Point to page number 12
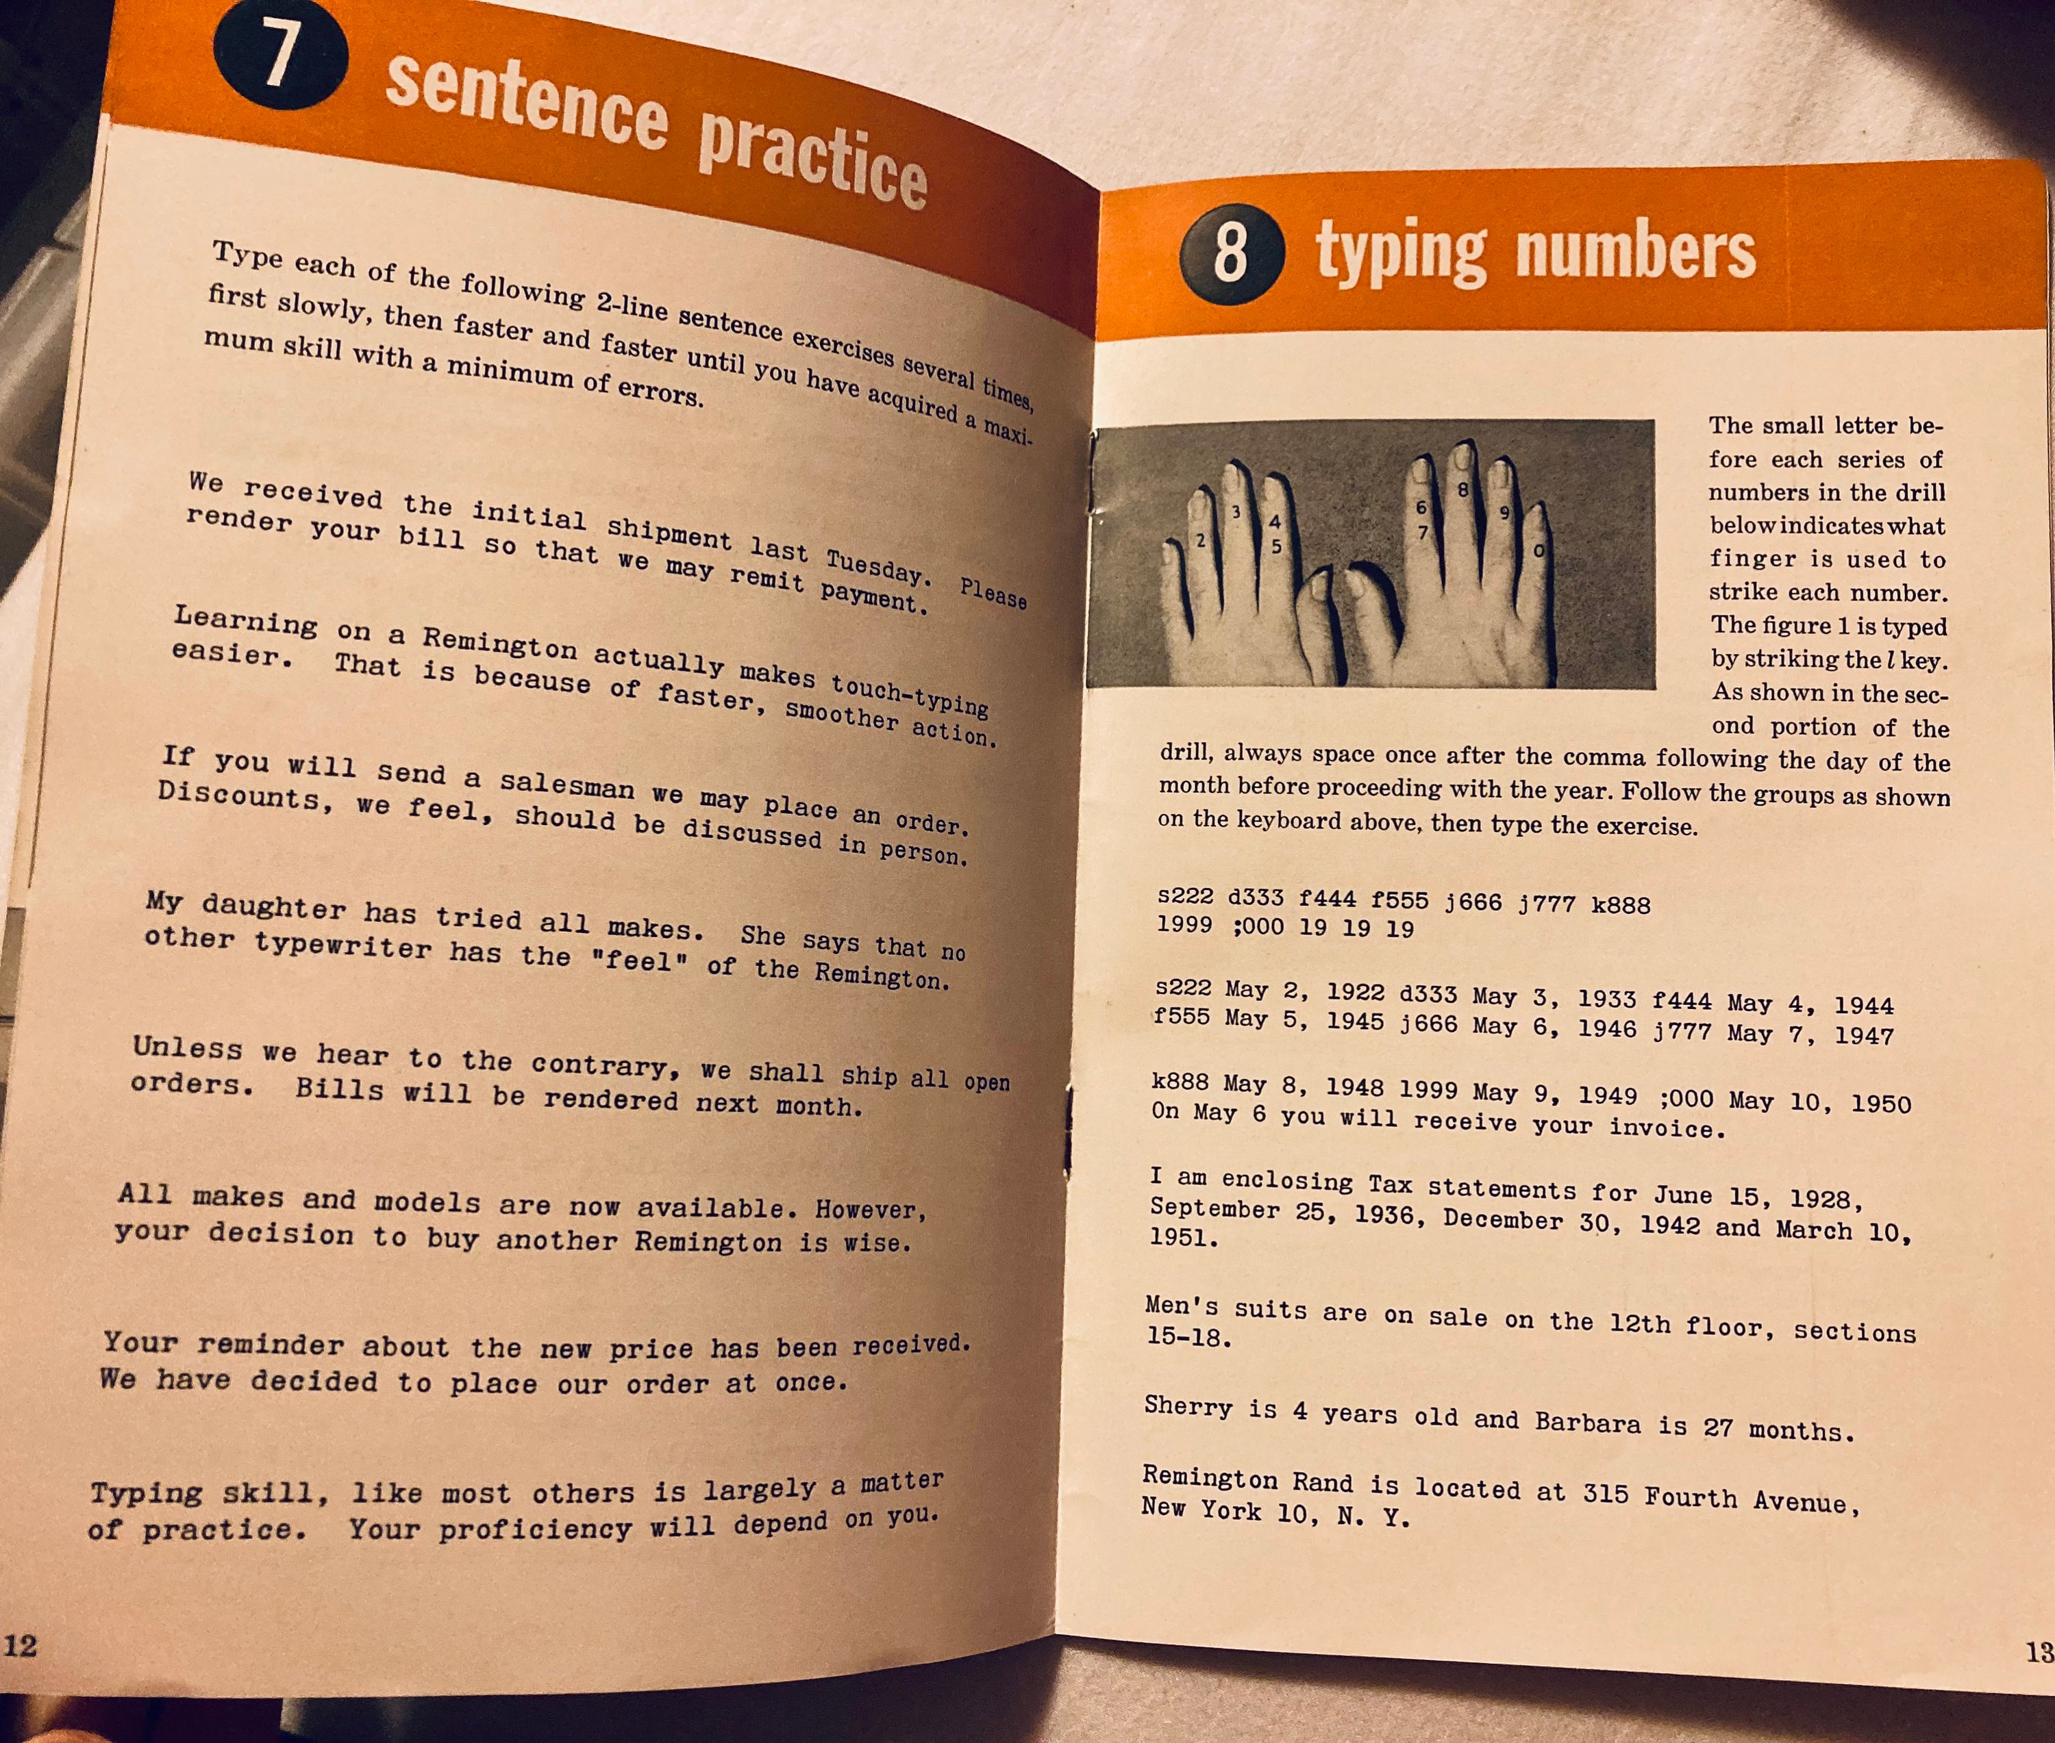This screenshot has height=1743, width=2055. tap(20, 1645)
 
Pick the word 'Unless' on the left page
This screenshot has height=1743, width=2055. tap(188, 1047)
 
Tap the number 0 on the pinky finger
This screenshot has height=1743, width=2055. tap(1538, 549)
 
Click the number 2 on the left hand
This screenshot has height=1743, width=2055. tap(1200, 540)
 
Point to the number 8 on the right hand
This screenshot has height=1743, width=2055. tap(1463, 489)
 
